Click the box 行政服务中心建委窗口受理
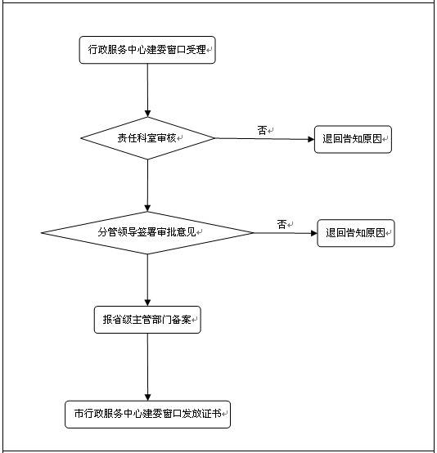point(147,51)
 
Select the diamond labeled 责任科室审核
point(147,138)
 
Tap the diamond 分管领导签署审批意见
point(147,232)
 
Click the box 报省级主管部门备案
point(147,321)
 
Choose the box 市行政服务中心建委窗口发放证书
point(147,414)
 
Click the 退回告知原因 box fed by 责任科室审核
point(354,139)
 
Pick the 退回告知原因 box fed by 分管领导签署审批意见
point(356,233)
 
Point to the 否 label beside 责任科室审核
point(262,130)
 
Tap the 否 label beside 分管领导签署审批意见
point(282,224)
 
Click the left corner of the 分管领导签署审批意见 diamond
point(43,234)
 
